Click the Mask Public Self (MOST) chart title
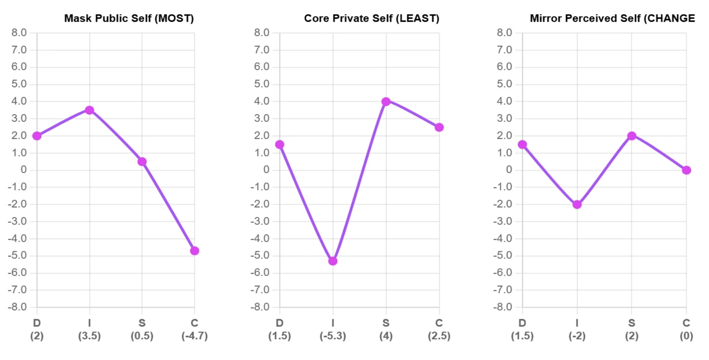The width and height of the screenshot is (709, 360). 129,18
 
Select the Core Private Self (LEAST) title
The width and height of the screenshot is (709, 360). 371,18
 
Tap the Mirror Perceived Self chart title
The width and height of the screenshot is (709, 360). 612,18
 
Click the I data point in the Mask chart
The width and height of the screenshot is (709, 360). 89,110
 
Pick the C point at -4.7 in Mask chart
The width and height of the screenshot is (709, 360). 195,251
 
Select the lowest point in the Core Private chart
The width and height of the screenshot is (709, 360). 333,261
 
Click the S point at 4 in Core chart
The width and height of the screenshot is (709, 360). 386,101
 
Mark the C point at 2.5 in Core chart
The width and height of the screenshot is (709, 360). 439,127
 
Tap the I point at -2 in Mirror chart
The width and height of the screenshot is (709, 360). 577,205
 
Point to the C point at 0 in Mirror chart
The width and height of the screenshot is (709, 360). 686,170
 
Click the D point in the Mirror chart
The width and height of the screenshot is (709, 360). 522,145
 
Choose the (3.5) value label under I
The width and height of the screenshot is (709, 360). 89,336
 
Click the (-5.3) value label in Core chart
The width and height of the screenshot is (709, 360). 333,336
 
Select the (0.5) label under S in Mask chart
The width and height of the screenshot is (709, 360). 142,336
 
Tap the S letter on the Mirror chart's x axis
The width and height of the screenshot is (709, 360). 632,323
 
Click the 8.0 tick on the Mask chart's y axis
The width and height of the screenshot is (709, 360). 19,33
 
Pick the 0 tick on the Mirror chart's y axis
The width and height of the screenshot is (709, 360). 509,170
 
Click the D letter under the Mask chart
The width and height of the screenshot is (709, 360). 37,323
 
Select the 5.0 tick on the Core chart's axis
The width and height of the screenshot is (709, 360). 262,84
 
